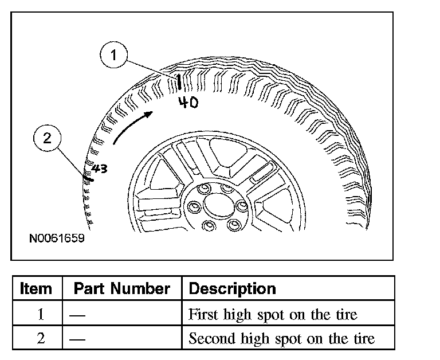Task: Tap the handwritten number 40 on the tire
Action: click(x=188, y=103)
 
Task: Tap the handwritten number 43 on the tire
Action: click(x=100, y=169)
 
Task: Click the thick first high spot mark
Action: click(x=180, y=83)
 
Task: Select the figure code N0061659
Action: click(x=57, y=237)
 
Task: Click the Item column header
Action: click(x=36, y=288)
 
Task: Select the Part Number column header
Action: click(x=121, y=288)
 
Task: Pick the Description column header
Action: click(x=232, y=288)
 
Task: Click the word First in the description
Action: click(x=202, y=314)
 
